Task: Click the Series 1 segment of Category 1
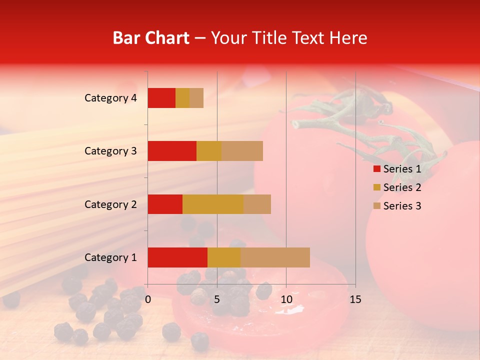pos(177,257)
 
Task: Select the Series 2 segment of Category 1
pos(224,257)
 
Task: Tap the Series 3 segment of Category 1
pos(275,257)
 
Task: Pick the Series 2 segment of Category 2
pos(213,204)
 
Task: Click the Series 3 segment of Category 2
pos(257,204)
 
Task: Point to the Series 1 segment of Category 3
pos(172,151)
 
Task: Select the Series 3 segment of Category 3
pos(242,151)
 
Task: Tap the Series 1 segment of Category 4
pos(161,98)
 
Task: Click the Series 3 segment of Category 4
pos(196,98)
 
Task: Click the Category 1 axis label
pos(110,257)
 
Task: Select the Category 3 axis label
pos(110,151)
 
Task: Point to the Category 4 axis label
pos(110,98)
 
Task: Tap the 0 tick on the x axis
pos(148,299)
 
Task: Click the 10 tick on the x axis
pos(286,299)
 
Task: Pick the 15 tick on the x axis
pos(355,299)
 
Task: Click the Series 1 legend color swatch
pos(376,169)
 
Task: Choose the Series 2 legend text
pos(402,187)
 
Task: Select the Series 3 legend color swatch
pos(376,206)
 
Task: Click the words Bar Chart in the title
pos(151,38)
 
